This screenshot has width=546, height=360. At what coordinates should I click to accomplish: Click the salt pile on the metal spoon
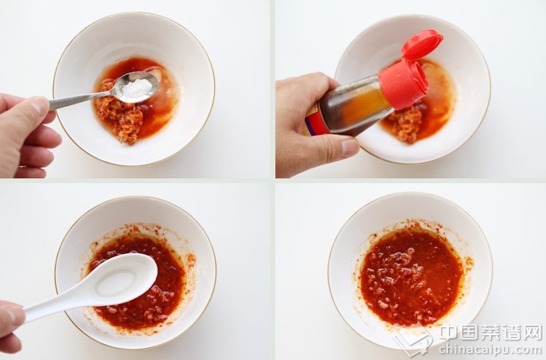click(x=137, y=88)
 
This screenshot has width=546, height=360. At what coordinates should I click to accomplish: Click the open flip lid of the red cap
click(x=421, y=44)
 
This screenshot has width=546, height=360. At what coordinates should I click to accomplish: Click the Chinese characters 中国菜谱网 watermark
click(x=490, y=332)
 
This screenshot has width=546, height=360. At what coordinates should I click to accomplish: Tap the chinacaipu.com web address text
click(x=490, y=349)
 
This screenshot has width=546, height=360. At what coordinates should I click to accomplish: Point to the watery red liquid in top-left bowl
click(x=160, y=104)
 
